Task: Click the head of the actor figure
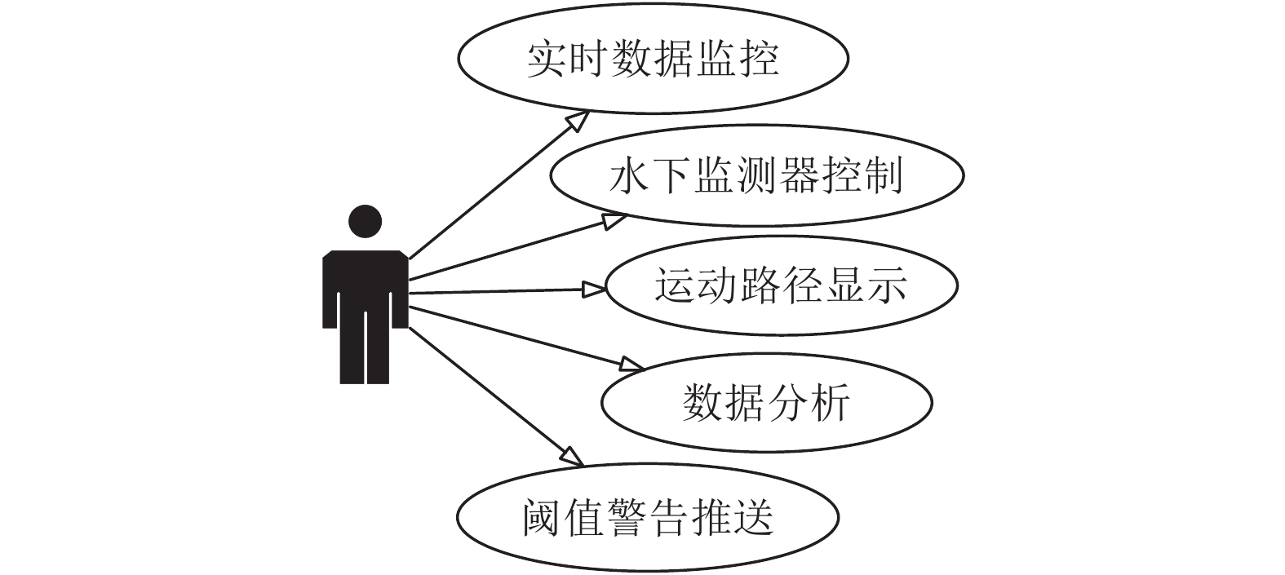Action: (x=365, y=221)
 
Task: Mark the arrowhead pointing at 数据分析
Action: (x=633, y=365)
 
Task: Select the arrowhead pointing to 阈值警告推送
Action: (x=573, y=457)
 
